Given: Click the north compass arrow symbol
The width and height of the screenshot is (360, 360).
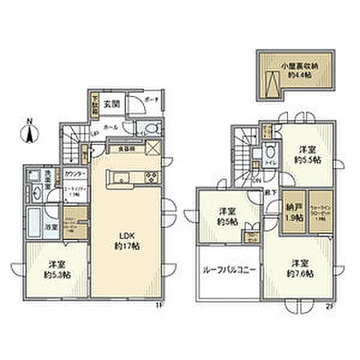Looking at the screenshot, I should [28, 134].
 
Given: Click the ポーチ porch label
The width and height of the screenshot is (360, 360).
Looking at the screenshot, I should [149, 100].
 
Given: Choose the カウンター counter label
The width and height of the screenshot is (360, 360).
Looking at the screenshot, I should [74, 175].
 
